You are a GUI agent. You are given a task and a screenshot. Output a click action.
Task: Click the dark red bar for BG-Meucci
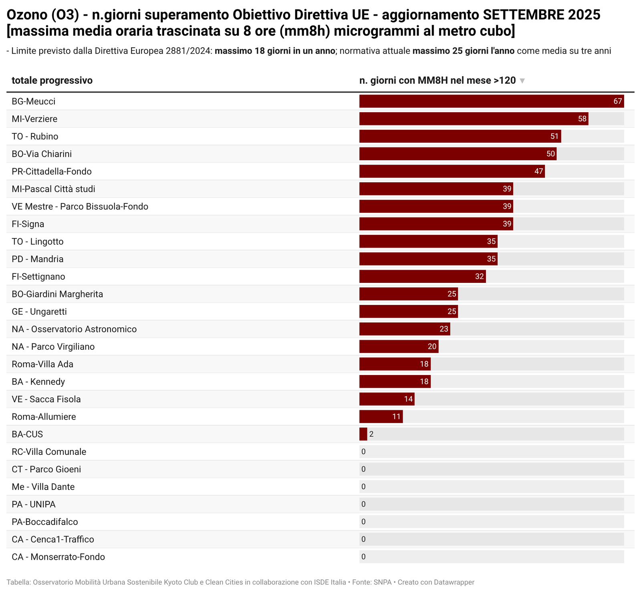tap(491, 101)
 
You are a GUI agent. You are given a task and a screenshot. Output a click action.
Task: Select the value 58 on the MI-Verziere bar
tap(582, 119)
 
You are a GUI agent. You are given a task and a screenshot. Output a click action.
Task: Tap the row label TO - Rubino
tap(35, 137)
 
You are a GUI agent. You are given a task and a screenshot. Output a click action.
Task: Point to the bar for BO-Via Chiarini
tap(458, 154)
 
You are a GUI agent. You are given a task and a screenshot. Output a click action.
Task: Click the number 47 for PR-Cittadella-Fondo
tap(538, 171)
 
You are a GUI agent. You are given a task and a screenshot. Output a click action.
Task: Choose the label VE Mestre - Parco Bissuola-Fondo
tap(80, 207)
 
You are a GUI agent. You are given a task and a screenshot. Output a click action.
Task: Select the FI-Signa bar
tap(436, 224)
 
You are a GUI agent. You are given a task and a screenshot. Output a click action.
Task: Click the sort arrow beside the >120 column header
tap(522, 81)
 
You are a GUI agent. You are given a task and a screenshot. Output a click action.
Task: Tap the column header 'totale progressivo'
tap(52, 81)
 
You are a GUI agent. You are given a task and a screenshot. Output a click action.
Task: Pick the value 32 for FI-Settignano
tap(479, 276)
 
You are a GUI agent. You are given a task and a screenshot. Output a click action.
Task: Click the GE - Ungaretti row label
tap(39, 312)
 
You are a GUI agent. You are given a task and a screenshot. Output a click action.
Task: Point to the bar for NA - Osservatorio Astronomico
tap(405, 329)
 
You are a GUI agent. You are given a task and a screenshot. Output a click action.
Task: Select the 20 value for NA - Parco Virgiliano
tap(432, 347)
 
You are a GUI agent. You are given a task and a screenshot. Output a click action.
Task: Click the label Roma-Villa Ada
tap(42, 364)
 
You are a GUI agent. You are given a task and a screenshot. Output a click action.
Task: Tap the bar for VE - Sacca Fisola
tap(387, 399)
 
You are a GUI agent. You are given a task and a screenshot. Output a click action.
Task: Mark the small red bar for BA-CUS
tap(363, 434)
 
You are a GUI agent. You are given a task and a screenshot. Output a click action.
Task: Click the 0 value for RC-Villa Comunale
tap(363, 452)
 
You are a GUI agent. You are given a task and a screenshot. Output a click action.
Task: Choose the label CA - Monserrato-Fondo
tap(58, 557)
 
